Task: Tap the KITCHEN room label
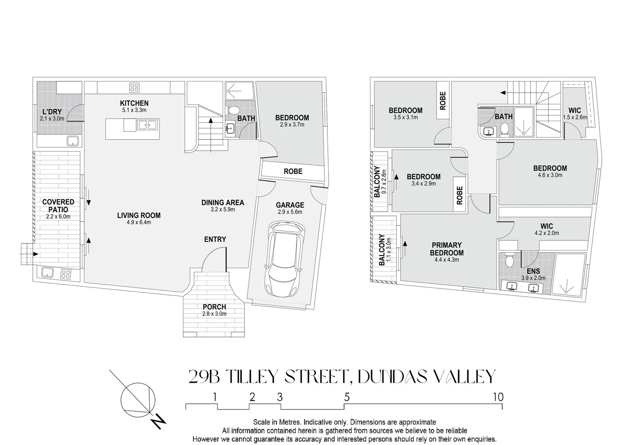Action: point(134,103)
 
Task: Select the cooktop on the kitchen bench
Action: point(134,87)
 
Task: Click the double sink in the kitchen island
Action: point(147,125)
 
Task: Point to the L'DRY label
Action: point(52,112)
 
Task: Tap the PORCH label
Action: point(214,307)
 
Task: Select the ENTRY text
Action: point(215,239)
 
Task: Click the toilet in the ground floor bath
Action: point(233,110)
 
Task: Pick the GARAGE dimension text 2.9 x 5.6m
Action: point(290,212)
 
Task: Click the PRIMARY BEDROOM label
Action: point(447,249)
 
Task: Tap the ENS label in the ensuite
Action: point(533,271)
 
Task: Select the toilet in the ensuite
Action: point(509,260)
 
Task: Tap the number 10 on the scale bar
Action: point(498,397)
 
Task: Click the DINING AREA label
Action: point(223,203)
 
